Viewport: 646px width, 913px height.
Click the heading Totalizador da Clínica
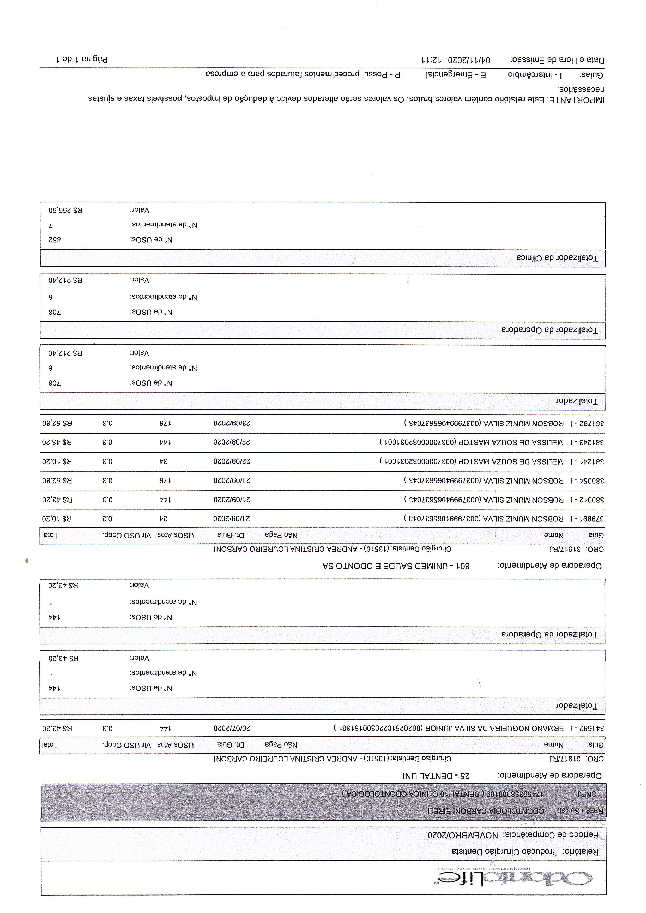click(x=557, y=258)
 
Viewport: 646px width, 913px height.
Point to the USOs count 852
click(x=55, y=240)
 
